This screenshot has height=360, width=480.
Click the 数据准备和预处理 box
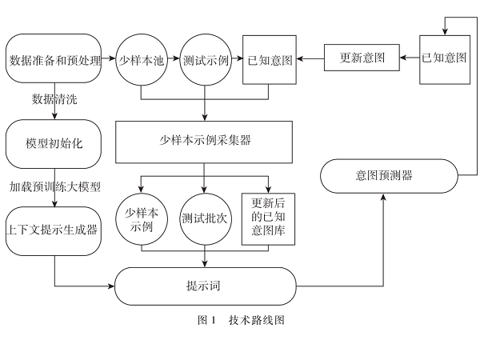pos(54,60)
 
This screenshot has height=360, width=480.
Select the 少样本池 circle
pos(141,60)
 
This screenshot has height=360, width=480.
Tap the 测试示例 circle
pos(205,60)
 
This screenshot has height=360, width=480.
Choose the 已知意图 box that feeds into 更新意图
pos(446,58)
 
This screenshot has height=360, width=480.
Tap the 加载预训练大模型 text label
pos(55,186)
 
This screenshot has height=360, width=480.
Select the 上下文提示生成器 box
pos(54,230)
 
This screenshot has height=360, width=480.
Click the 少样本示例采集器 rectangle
pos(206,141)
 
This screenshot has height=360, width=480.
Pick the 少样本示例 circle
pos(141,218)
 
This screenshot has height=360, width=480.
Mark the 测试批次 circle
pos(205,218)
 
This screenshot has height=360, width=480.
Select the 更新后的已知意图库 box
pos(267,218)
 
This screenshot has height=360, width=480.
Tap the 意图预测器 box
pos(390,174)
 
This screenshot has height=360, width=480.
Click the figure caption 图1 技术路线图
pos(241,320)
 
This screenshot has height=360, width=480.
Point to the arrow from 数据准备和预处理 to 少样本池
pos(111,60)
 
